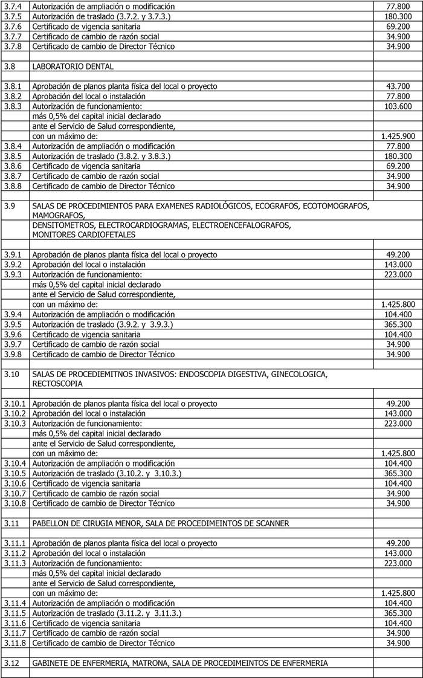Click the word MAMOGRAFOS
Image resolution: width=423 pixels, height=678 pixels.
(59, 215)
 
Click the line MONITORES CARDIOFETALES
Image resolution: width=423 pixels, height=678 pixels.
(83, 234)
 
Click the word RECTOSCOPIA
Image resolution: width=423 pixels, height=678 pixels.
(59, 383)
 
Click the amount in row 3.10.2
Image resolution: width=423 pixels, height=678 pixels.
(398, 413)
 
